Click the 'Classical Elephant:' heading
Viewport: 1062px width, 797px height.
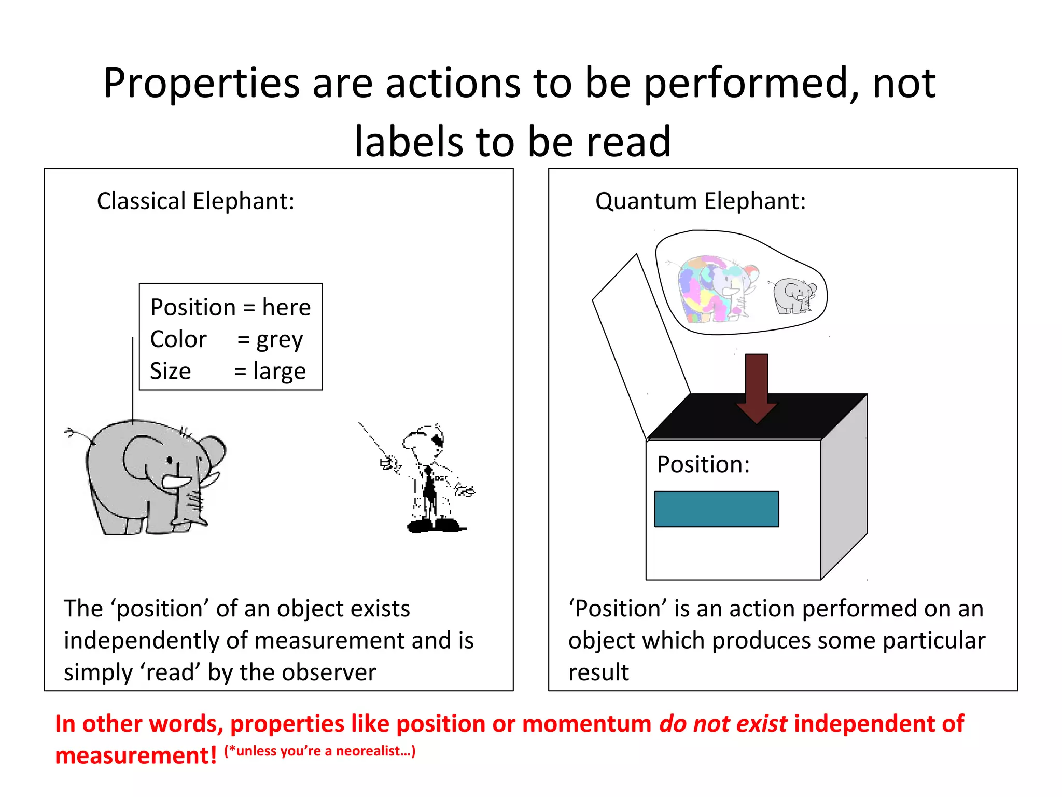[195, 201]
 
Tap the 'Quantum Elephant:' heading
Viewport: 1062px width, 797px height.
[700, 201]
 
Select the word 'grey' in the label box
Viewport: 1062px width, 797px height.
[280, 340]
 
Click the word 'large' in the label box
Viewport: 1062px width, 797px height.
[280, 372]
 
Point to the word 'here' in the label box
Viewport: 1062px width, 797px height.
[286, 308]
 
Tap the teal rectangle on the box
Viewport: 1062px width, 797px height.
[717, 509]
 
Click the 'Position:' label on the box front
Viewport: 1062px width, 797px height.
[703, 464]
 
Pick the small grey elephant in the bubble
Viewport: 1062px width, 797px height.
[793, 296]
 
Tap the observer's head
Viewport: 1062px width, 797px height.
[423, 441]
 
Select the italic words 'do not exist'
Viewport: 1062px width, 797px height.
[723, 724]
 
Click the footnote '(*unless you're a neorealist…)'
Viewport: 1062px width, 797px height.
[319, 751]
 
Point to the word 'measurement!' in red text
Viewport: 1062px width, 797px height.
[136, 755]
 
